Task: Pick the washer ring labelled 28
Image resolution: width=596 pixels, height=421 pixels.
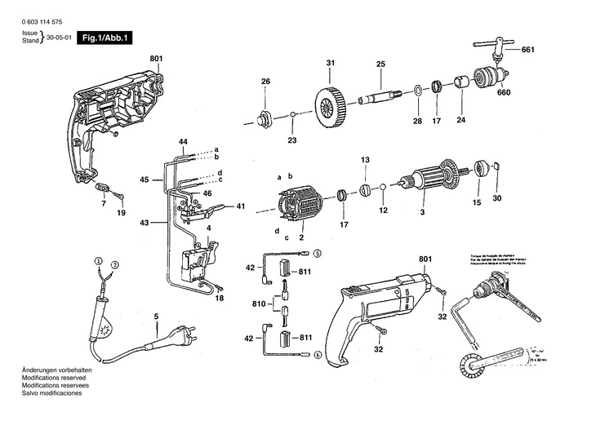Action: (x=416, y=89)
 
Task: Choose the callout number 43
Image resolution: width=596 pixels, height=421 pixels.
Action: (x=144, y=222)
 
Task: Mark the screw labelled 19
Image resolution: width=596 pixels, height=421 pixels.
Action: (x=119, y=196)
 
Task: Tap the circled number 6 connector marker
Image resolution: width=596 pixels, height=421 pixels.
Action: (x=317, y=354)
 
